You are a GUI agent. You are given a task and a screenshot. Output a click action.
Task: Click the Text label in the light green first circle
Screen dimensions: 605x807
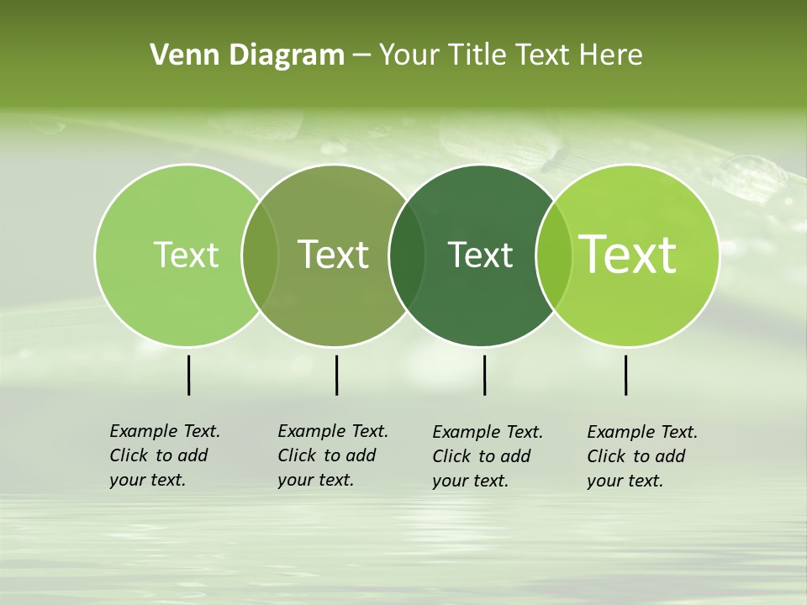click(186, 255)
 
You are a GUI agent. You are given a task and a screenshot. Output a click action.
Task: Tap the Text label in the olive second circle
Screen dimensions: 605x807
click(333, 255)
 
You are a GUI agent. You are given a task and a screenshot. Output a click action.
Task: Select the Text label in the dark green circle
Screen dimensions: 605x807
click(480, 255)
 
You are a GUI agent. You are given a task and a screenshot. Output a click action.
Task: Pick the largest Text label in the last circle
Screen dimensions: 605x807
click(628, 255)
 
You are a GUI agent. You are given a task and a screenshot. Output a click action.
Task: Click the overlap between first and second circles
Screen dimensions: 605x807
click(260, 255)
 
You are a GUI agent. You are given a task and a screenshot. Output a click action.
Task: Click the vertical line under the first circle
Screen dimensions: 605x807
click(188, 375)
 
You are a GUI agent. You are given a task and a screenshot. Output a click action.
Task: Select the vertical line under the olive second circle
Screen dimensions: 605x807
click(336, 375)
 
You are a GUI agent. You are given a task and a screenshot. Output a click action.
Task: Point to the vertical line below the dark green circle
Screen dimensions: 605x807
click(484, 375)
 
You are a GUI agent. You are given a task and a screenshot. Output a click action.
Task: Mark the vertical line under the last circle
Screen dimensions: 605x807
click(625, 375)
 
